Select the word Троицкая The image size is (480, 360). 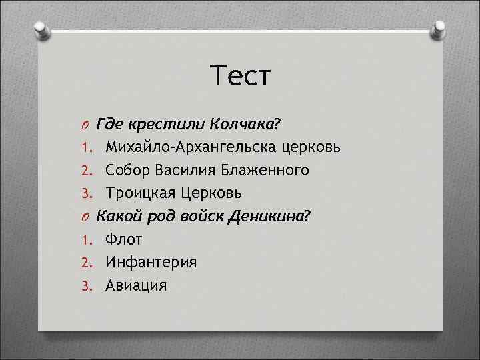(139, 193)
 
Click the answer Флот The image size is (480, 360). (119, 239)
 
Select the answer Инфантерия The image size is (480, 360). (147, 262)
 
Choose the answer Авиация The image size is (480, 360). (131, 285)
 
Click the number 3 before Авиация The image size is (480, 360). (85, 286)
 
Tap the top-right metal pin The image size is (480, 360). (439, 31)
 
